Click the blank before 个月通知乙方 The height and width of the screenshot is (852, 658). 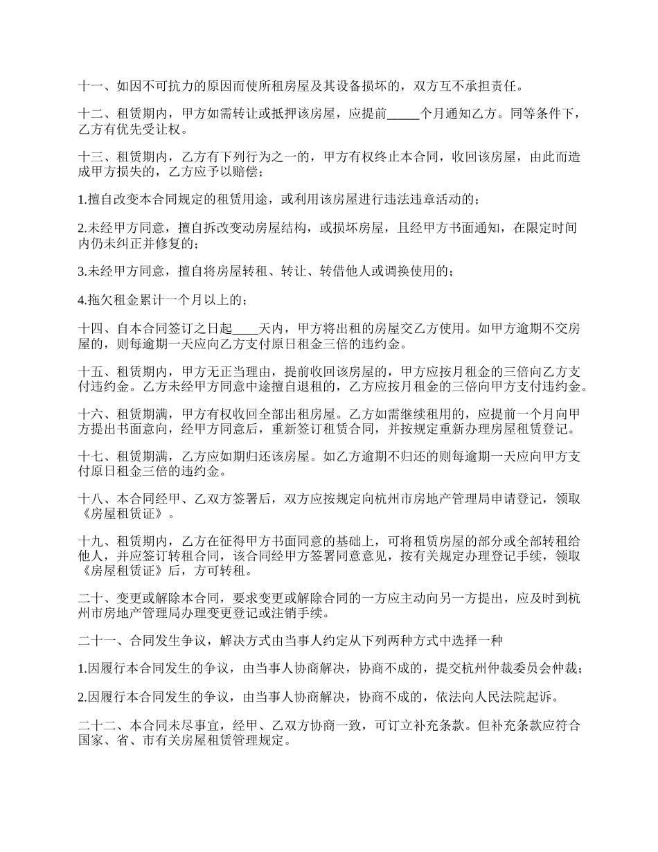coord(402,115)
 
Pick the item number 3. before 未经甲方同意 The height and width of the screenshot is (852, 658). coord(82,272)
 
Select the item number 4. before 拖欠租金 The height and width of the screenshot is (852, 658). coord(82,300)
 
